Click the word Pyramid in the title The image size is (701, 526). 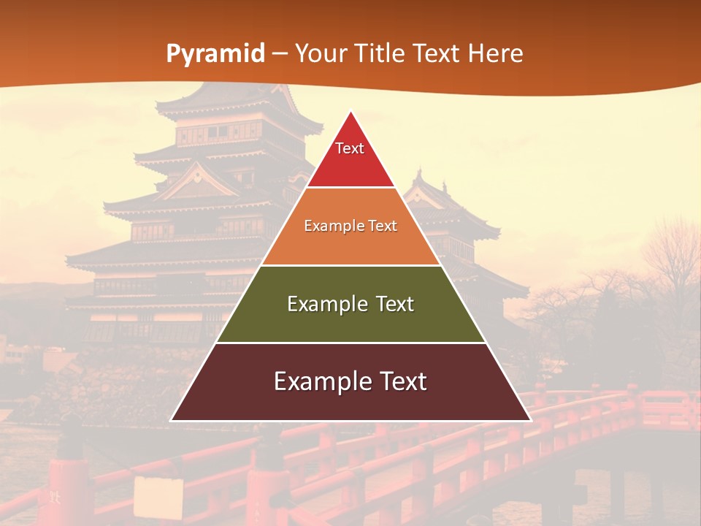tap(215, 54)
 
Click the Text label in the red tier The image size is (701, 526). tap(350, 148)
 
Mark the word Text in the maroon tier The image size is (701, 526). tap(401, 381)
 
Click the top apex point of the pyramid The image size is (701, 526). tap(351, 113)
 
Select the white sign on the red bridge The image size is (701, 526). tap(158, 497)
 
